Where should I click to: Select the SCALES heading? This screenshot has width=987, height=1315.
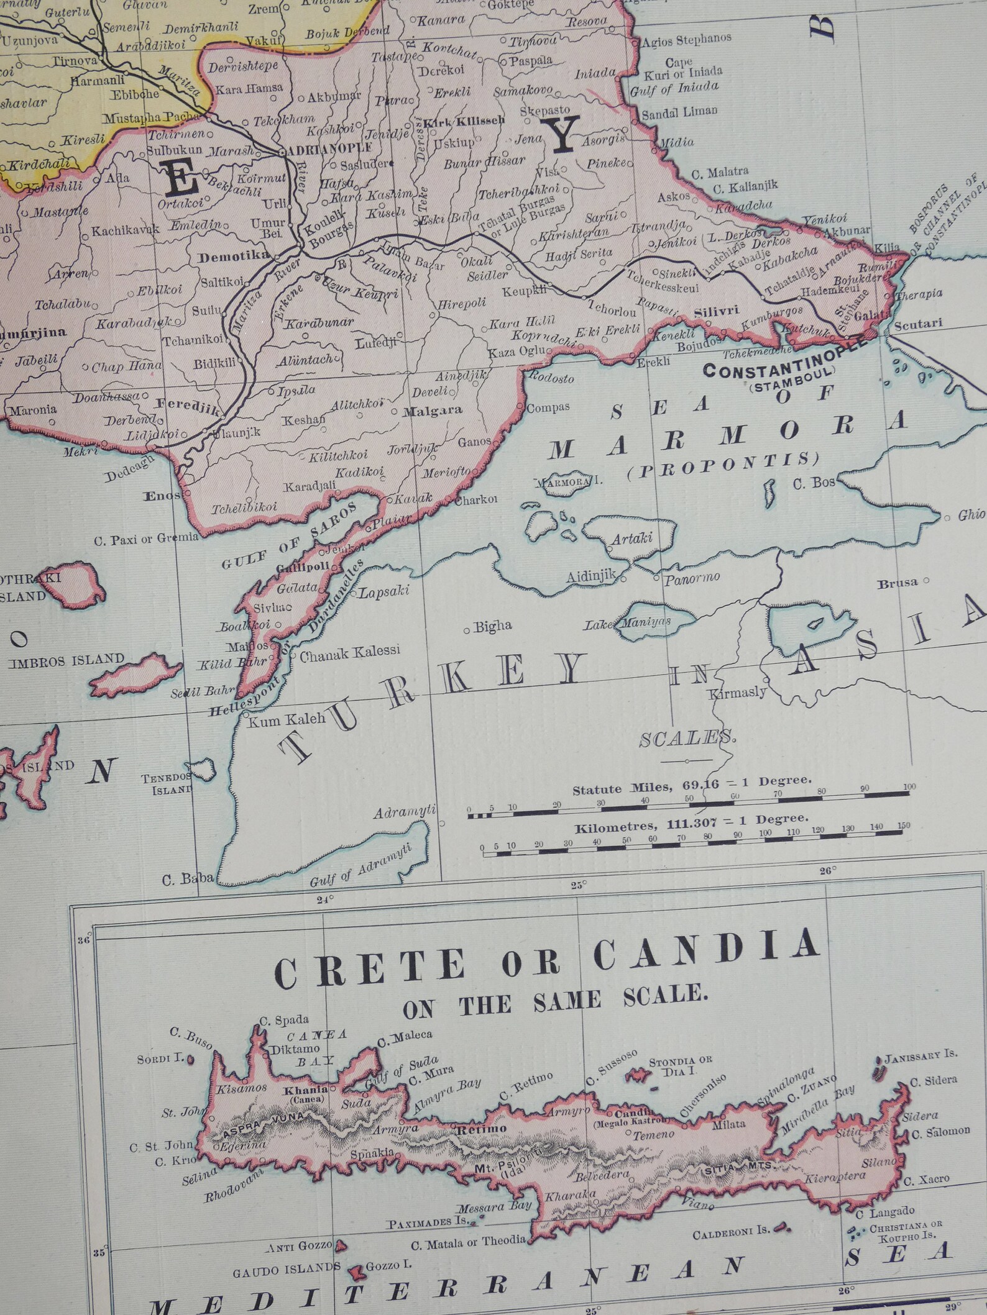(687, 739)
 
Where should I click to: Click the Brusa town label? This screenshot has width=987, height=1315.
(897, 583)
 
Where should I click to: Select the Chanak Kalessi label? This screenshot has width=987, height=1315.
(349, 652)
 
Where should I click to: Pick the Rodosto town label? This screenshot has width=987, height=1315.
(551, 377)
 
